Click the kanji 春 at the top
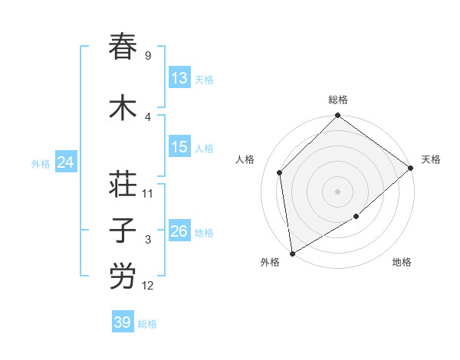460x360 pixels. click(x=123, y=47)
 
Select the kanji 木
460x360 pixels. click(x=123, y=108)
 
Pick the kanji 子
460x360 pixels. click(x=123, y=231)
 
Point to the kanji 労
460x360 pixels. click(x=123, y=277)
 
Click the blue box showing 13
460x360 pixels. click(x=179, y=78)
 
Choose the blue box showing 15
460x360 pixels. click(x=179, y=147)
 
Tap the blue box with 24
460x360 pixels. click(x=65, y=162)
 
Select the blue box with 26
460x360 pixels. click(x=179, y=231)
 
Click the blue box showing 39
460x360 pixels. click(x=122, y=322)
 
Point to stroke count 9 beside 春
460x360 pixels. click(x=148, y=56)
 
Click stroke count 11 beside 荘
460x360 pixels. click(x=148, y=194)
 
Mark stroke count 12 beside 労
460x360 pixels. click(x=148, y=286)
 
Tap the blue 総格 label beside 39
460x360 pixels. click(x=147, y=324)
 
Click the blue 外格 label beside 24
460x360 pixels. click(x=40, y=163)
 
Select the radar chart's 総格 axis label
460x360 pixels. click(x=338, y=100)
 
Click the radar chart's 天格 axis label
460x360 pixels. click(x=431, y=159)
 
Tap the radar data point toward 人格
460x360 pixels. click(x=280, y=172)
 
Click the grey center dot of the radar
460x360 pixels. click(x=338, y=191)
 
